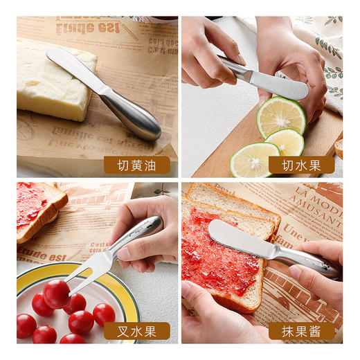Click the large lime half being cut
281,116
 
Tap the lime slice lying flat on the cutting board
255,159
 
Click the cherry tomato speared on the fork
56,294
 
